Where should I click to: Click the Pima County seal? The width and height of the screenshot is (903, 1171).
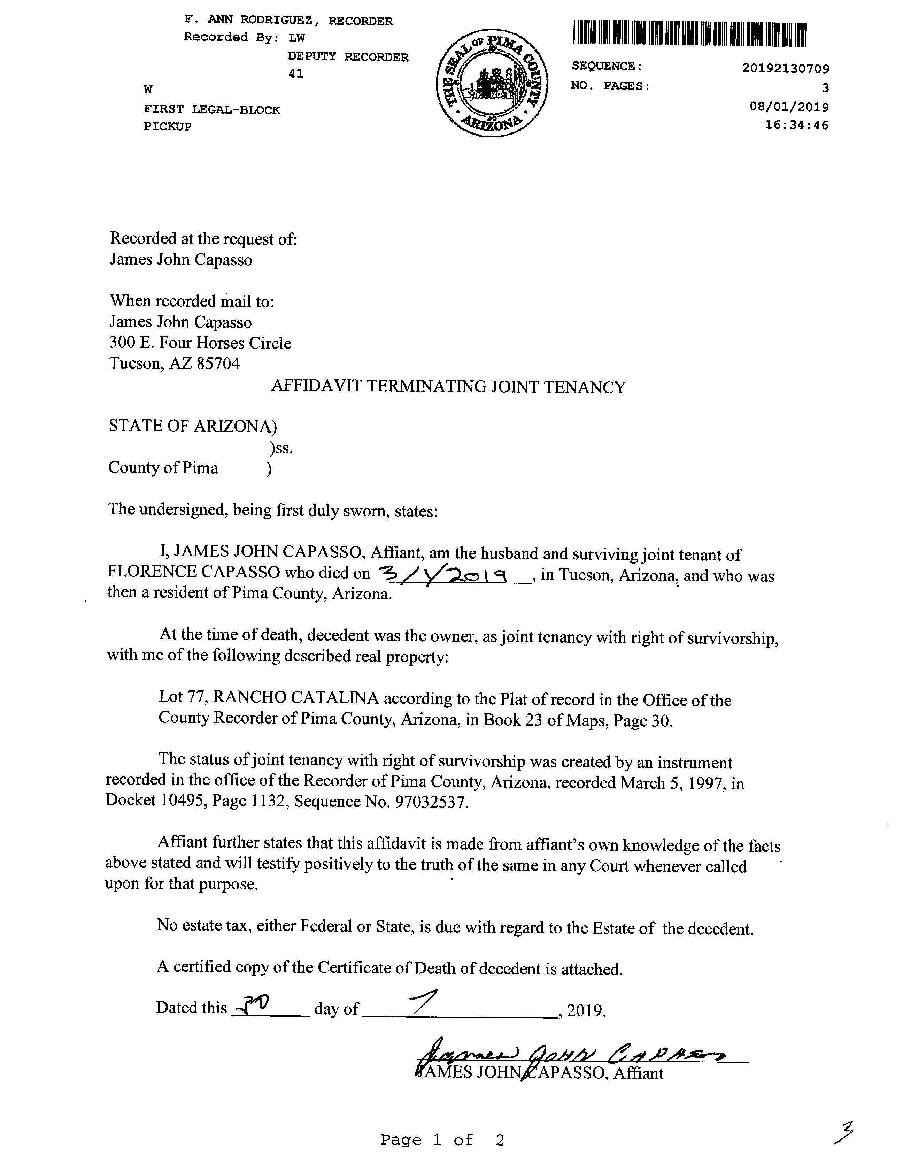[x=493, y=83]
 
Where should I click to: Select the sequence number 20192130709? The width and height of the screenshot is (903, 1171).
[x=786, y=69]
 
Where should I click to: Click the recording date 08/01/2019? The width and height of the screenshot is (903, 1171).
[x=789, y=107]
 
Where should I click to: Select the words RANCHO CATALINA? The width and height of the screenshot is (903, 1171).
[x=296, y=698]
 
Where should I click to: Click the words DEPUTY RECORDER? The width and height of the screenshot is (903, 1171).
[x=348, y=57]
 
